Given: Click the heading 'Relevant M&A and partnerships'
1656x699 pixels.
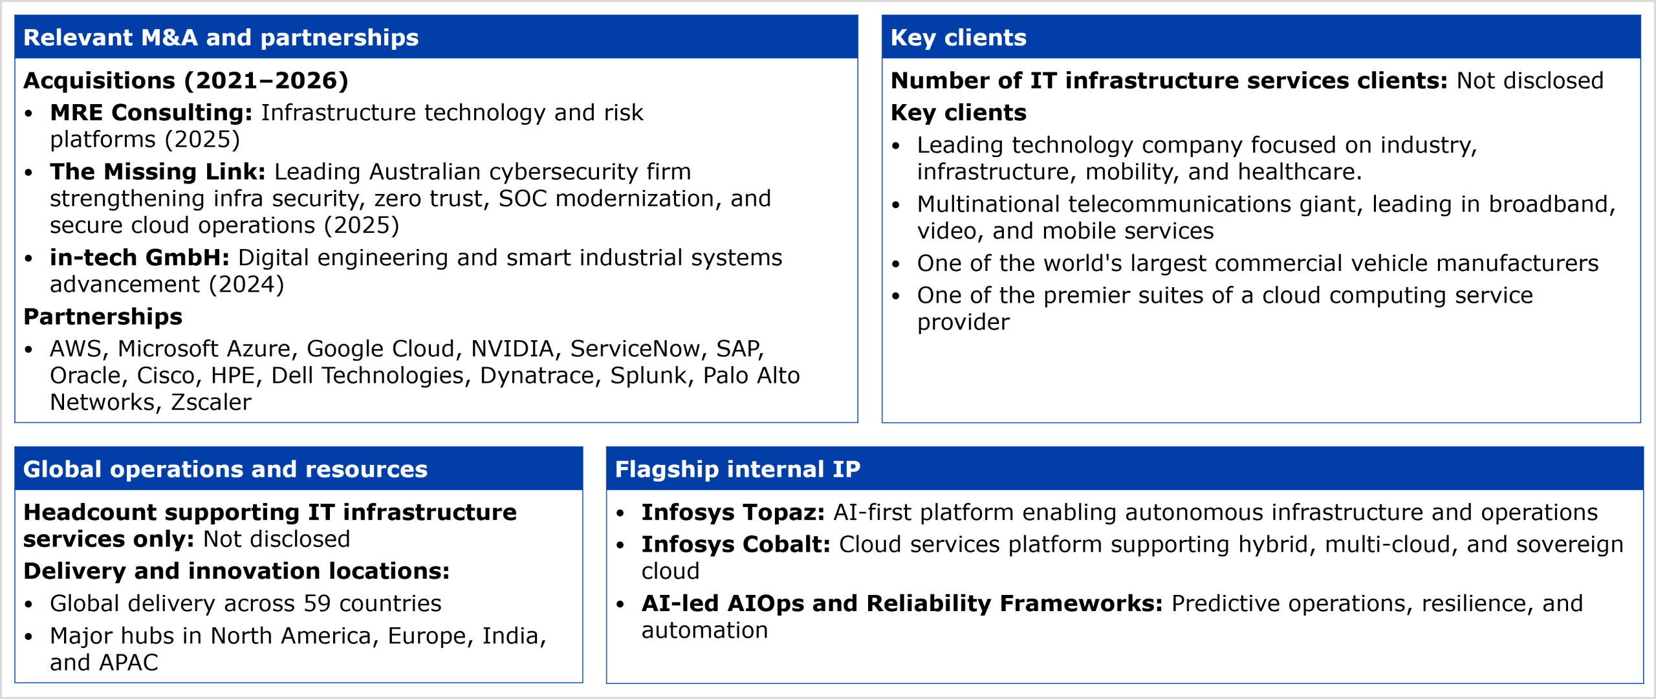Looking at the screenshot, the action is click(221, 38).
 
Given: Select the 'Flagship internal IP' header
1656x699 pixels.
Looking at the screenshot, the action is click(737, 469).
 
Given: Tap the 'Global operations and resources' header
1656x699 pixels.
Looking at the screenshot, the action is click(225, 469).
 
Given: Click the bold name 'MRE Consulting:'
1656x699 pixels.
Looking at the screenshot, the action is click(151, 113).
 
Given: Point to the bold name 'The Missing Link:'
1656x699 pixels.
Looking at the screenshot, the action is click(158, 171).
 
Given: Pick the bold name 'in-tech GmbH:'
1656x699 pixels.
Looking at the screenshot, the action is click(140, 257).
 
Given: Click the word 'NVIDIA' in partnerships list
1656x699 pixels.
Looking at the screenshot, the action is click(512, 349).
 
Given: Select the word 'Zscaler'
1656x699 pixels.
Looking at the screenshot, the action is click(211, 402).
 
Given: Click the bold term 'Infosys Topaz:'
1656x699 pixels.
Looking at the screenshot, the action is click(733, 512).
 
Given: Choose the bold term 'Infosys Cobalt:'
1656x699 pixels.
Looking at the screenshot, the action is click(735, 544).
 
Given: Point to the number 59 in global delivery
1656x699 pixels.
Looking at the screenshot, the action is click(317, 603).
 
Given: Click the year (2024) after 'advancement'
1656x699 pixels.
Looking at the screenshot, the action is click(246, 285).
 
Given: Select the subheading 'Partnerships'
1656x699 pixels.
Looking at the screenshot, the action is click(103, 317).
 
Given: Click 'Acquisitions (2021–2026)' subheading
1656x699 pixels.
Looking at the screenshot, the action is click(186, 81).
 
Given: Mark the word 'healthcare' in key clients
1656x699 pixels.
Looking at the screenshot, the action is click(1300, 172).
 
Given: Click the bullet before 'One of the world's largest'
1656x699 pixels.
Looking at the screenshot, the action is click(896, 264).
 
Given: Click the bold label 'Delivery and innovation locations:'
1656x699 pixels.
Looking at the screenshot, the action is click(236, 571).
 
